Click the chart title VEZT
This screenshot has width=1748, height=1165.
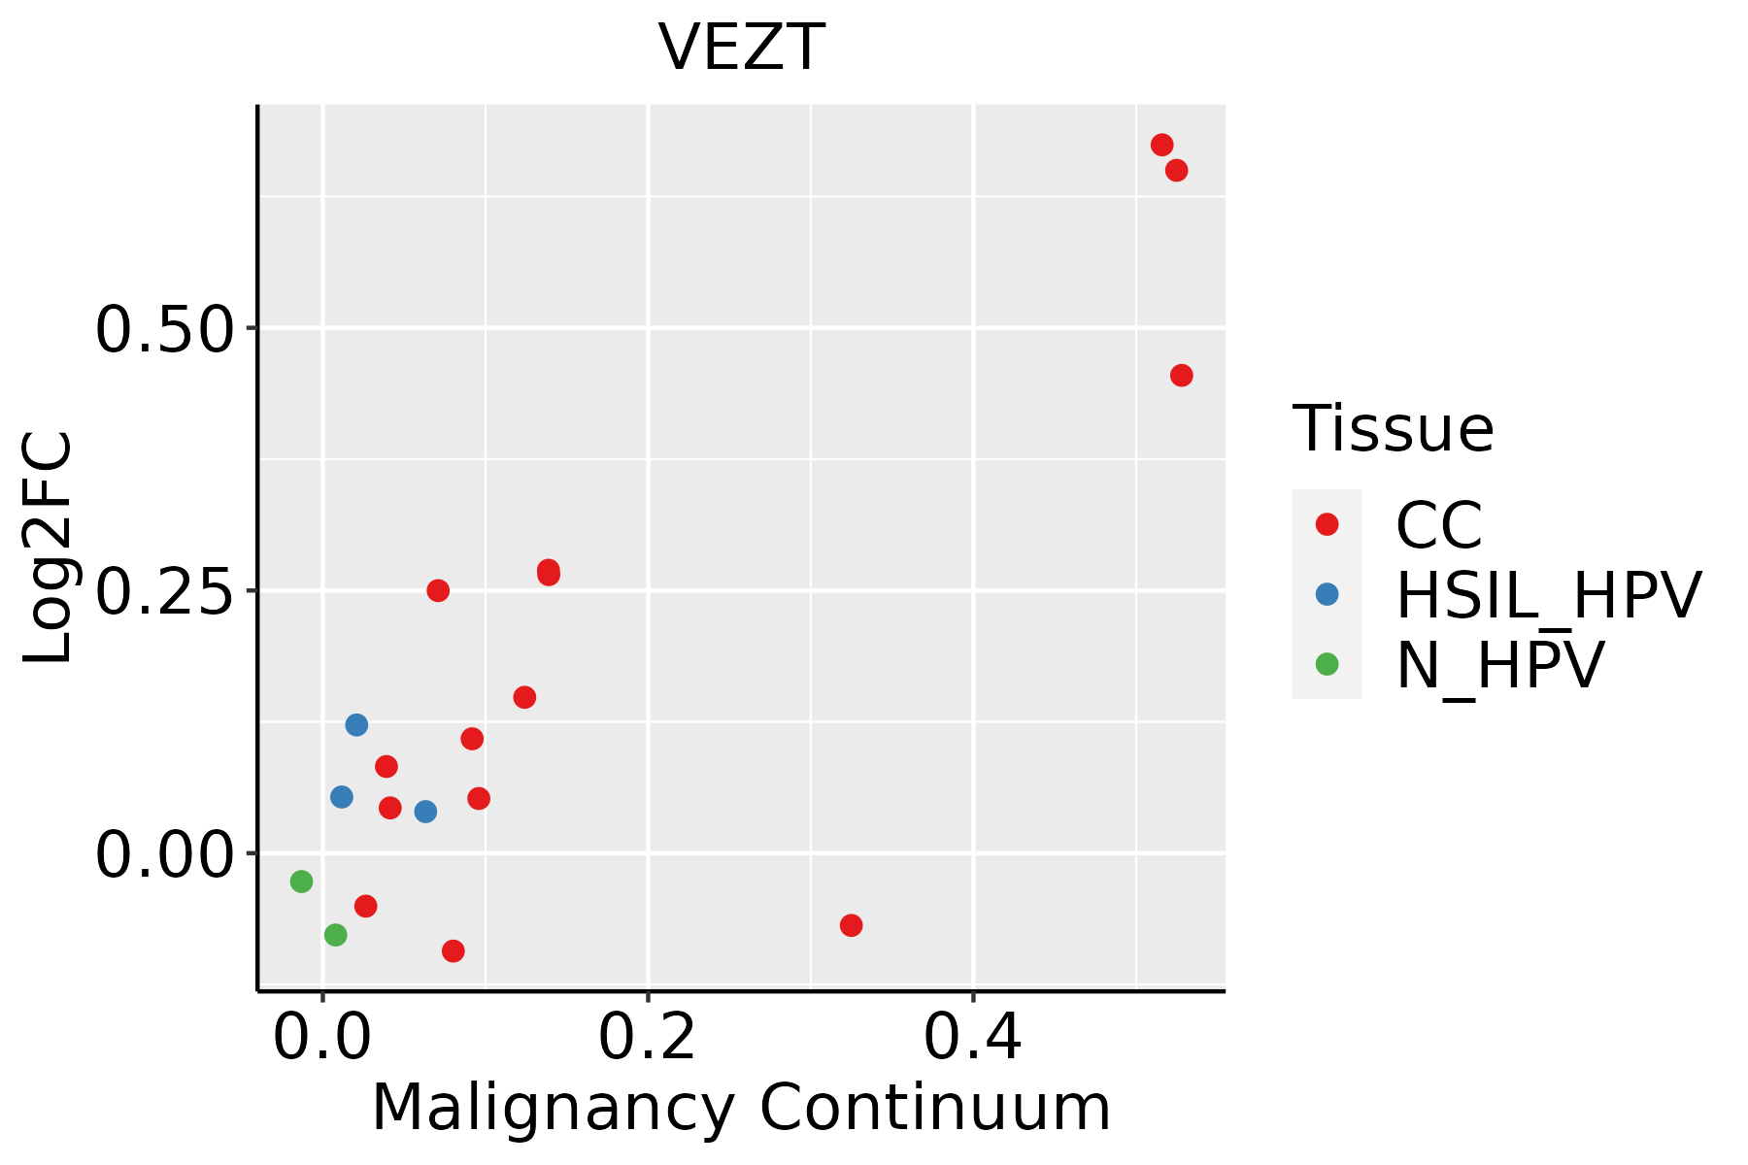coord(741,48)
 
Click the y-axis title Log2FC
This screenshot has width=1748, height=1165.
coord(49,548)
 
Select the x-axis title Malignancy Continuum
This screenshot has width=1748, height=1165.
coord(741,1108)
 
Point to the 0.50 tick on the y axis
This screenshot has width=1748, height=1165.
coord(165,329)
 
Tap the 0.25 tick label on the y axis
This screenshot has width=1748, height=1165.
coord(165,591)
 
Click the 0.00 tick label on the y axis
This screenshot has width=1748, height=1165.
coord(165,854)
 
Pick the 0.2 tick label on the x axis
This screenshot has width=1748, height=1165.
coord(648,1036)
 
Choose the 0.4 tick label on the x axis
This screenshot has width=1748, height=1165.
coord(972,1036)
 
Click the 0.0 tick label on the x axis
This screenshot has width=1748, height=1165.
coord(322,1036)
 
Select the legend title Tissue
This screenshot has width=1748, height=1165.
coord(1393,428)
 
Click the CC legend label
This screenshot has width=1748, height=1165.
coord(1439,525)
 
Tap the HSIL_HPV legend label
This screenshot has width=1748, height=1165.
coord(1548,595)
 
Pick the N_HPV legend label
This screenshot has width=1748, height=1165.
coord(1499,665)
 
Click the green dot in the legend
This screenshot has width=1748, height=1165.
coord(1327,664)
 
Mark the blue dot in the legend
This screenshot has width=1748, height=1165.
coord(1327,594)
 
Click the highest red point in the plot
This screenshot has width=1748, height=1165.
coord(1161,145)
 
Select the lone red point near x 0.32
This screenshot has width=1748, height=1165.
coord(851,925)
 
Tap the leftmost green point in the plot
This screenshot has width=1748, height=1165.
coord(301,882)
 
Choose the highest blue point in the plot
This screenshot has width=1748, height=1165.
coord(356,725)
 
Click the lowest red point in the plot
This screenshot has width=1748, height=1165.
coord(453,950)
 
